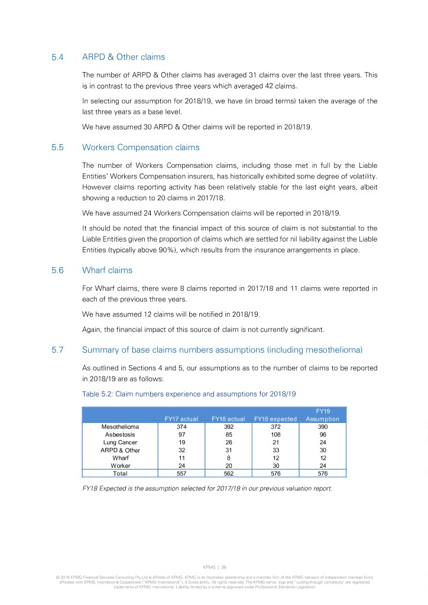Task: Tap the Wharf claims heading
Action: (107, 270)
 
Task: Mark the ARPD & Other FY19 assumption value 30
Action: (322, 450)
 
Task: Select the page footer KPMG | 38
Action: (213, 567)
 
